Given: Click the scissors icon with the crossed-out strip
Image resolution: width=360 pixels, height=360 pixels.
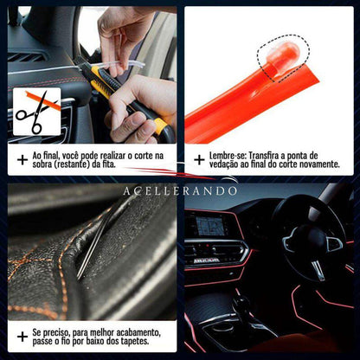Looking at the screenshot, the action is (36, 112).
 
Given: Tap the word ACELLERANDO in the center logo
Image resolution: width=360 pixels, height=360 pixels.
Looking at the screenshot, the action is (180, 191).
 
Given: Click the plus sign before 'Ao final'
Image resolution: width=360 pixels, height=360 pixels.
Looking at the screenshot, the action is (22, 160).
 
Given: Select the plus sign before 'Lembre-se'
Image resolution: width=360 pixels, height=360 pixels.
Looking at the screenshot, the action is (199, 160).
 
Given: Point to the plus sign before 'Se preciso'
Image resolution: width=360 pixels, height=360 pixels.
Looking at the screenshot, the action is (22, 337).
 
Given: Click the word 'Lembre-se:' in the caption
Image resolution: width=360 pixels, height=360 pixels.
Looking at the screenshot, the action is (228, 156).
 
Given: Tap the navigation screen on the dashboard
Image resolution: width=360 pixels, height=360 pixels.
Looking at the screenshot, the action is (210, 226).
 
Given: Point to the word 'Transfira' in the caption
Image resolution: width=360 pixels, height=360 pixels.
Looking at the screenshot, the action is (263, 156).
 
